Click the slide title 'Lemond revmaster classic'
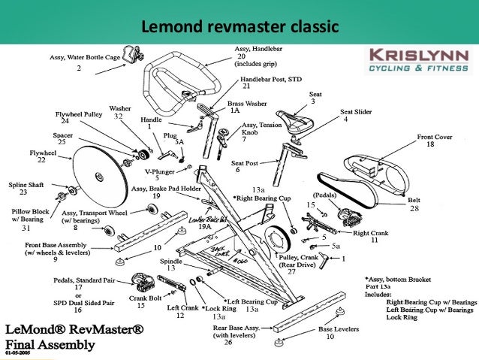[239, 28]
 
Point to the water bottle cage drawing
[132, 56]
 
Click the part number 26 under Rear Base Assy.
[228, 342]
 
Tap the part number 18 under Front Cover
[430, 145]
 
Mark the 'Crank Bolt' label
[134, 298]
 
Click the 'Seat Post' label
[246, 162]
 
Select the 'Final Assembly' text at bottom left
[52, 344]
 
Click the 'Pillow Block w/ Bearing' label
[26, 215]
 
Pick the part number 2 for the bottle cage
[78, 68]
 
